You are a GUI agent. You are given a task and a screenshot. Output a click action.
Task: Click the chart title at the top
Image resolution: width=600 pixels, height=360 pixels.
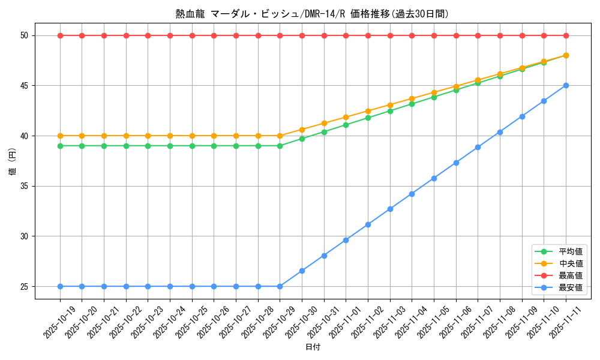point(312,14)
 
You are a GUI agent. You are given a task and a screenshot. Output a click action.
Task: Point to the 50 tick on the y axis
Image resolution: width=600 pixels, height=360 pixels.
point(25,35)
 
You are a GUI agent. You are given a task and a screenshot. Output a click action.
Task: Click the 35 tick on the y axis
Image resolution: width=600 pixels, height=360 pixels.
point(25,186)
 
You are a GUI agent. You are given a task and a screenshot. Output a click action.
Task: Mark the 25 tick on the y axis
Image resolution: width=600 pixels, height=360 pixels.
point(25,286)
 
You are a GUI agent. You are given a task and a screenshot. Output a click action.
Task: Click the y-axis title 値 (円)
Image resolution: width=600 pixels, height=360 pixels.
point(13,161)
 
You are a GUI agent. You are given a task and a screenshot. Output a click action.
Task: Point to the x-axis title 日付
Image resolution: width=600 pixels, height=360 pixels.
point(313,347)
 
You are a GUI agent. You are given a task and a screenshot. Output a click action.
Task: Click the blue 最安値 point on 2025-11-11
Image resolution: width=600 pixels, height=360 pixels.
point(566,85)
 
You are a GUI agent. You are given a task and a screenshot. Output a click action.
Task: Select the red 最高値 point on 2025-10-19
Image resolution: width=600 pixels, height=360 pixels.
point(60,35)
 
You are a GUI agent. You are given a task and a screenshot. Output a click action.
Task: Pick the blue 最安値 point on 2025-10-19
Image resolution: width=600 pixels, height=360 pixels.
point(60,286)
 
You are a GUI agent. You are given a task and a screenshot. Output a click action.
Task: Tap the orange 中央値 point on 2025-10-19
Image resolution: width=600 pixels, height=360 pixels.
point(60,136)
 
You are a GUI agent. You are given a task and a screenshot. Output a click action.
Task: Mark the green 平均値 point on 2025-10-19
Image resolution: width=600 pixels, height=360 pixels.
point(60,146)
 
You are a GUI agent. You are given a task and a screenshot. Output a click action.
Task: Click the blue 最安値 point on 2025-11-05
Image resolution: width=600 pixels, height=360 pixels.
point(434,178)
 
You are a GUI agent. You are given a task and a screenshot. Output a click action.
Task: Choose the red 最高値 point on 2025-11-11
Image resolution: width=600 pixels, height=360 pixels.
point(566,35)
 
